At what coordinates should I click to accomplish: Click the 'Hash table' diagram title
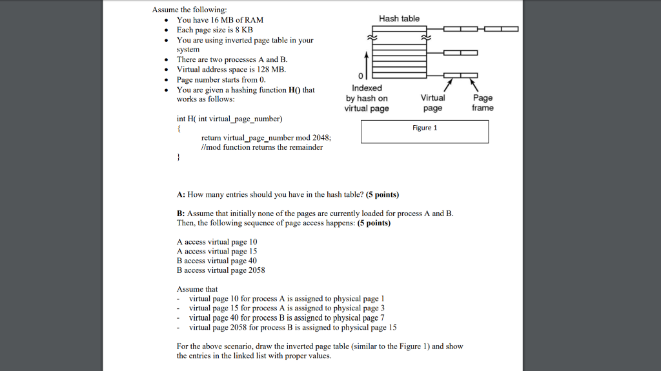[399, 19]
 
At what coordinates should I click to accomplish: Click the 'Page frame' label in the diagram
[482, 103]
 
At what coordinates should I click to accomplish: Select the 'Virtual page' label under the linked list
[432, 103]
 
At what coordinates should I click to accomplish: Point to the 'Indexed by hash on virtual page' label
[367, 98]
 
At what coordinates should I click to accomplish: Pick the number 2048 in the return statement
[320, 137]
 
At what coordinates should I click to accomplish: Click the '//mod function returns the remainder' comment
[262, 147]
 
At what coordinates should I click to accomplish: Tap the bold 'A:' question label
[181, 194]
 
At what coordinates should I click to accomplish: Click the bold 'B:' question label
[181, 214]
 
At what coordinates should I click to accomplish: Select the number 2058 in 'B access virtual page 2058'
[257, 270]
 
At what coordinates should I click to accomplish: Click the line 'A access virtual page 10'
[217, 242]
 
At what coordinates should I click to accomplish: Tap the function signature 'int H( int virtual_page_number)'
[229, 119]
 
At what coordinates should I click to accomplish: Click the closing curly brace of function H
[179, 157]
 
